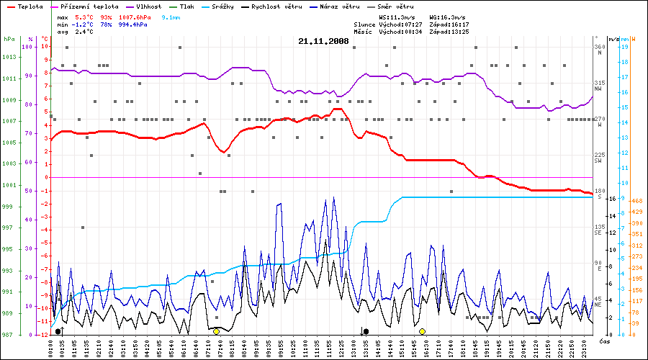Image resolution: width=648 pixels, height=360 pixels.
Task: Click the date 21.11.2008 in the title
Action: pyautogui.click(x=323, y=41)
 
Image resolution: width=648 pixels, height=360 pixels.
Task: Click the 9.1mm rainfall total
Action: pyautogui.click(x=171, y=16)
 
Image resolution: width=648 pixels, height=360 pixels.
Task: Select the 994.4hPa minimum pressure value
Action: pyautogui.click(x=135, y=24)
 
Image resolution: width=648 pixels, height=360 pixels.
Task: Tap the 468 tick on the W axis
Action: pyautogui.click(x=636, y=201)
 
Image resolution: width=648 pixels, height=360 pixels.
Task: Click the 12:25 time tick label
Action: pyautogui.click(x=333, y=346)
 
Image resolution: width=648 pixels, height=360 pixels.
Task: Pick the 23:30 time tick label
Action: pyautogui.click(x=586, y=346)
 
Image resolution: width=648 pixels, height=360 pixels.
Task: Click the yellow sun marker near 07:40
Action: pyautogui.click(x=216, y=331)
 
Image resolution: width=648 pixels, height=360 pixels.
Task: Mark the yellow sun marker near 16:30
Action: pyautogui.click(x=423, y=331)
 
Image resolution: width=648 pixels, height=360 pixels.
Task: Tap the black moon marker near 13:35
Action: pyautogui.click(x=366, y=331)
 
